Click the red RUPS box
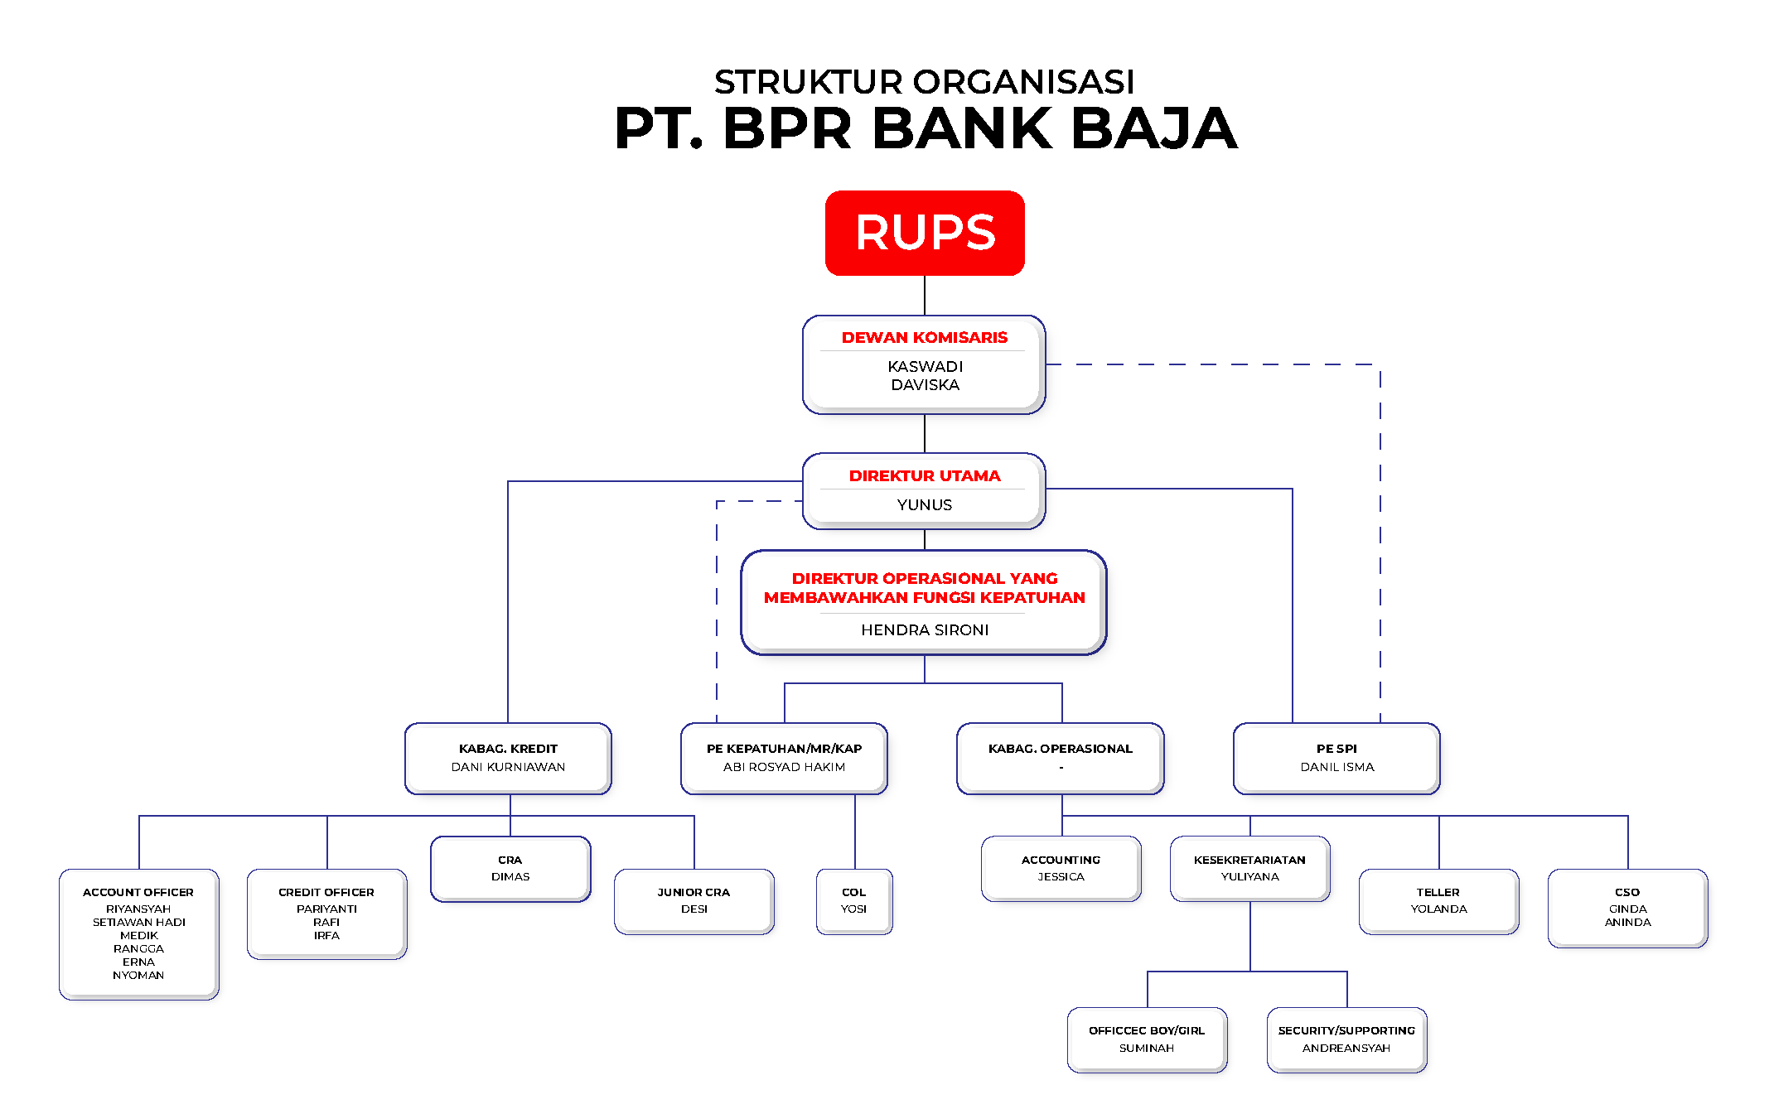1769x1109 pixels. click(925, 233)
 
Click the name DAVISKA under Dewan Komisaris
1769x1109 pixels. click(925, 385)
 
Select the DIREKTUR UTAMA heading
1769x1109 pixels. click(925, 476)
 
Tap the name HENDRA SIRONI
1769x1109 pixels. click(925, 630)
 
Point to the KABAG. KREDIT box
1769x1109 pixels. click(508, 758)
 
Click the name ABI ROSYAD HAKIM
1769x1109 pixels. click(784, 768)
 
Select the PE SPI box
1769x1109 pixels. click(1336, 758)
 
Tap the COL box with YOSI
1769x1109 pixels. click(854, 901)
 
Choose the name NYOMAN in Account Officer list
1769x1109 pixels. click(138, 976)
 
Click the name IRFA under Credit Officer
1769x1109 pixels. click(326, 936)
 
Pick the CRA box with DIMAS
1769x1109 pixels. click(510, 869)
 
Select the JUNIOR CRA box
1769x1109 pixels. click(694, 901)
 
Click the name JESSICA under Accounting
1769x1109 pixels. click(1061, 877)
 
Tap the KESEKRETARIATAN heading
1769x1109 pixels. click(1249, 861)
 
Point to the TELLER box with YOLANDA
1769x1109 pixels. click(1438, 901)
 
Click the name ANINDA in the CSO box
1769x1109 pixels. click(1627, 923)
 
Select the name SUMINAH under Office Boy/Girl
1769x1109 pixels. click(1147, 1049)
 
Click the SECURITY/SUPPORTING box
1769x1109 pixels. click(1346, 1039)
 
